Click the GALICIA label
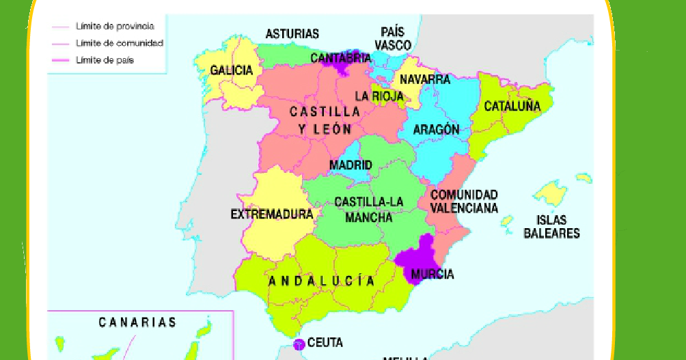tap(232, 70)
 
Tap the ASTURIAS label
tap(292, 33)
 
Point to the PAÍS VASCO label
tap(393, 39)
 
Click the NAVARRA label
tap(425, 79)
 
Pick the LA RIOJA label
tap(379, 96)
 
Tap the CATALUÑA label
tap(512, 107)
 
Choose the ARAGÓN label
tap(436, 130)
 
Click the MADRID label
tap(351, 165)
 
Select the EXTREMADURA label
tap(271, 214)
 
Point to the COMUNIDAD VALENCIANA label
tap(464, 202)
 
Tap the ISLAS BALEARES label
tap(552, 227)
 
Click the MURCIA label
tap(432, 274)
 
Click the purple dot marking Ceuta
tap(299, 344)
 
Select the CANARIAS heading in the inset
tap(137, 322)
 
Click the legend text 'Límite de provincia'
tap(114, 27)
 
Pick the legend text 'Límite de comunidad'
tap(119, 43)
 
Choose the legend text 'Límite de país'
tap(105, 60)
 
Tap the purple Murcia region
tap(418, 256)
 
